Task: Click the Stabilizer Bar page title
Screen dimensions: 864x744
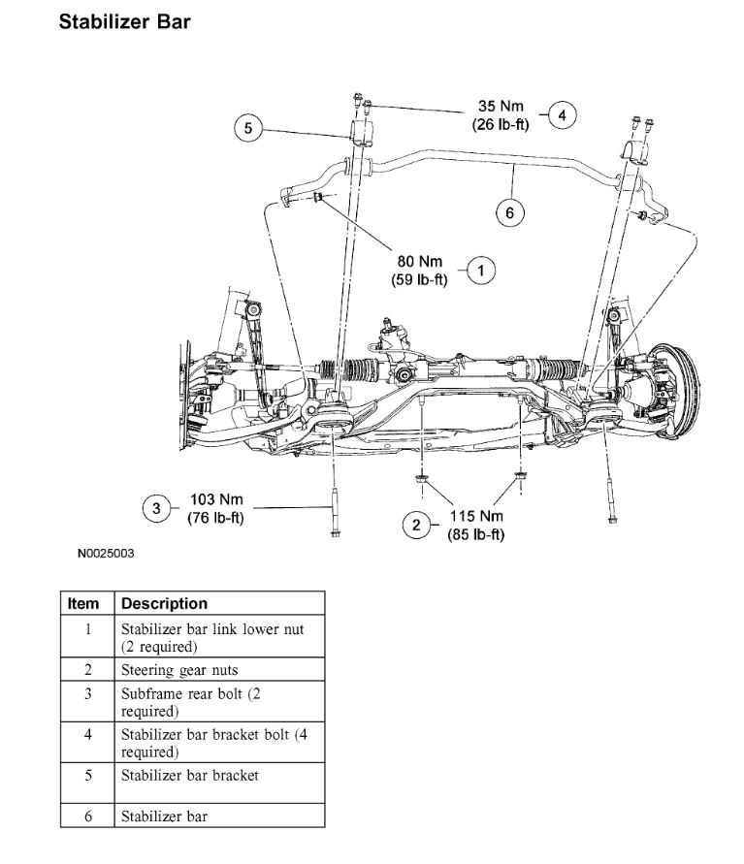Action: pos(124,22)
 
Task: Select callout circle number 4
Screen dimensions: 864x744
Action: pos(562,115)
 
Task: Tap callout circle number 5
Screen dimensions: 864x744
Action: pos(248,128)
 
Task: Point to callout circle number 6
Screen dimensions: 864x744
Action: pos(510,211)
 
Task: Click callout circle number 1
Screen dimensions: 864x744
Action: pos(481,271)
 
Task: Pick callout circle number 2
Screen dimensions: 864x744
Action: pos(416,525)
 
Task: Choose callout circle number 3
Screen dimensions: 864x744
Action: pos(155,507)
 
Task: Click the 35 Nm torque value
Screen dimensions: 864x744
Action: pos(501,107)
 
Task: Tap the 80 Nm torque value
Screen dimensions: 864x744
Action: pos(419,262)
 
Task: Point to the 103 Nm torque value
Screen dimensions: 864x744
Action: pos(215,499)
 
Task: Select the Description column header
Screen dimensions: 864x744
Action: pos(164,603)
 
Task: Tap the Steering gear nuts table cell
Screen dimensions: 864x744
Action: pos(179,669)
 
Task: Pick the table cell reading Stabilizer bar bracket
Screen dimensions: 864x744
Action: pos(189,775)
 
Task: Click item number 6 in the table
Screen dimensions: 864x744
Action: pos(87,816)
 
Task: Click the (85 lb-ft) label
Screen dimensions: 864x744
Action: pos(475,534)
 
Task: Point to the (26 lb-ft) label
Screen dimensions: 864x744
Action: pos(501,124)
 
